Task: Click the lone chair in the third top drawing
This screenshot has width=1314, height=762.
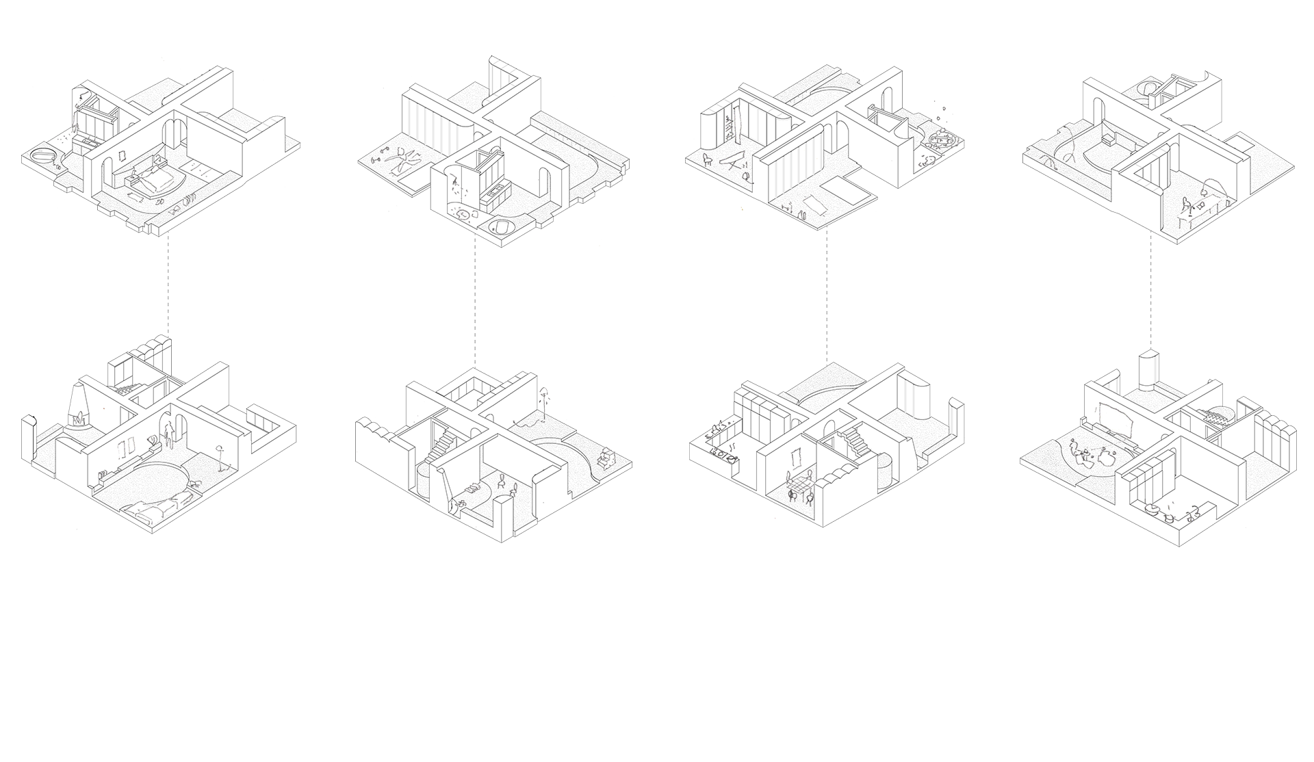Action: point(708,160)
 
